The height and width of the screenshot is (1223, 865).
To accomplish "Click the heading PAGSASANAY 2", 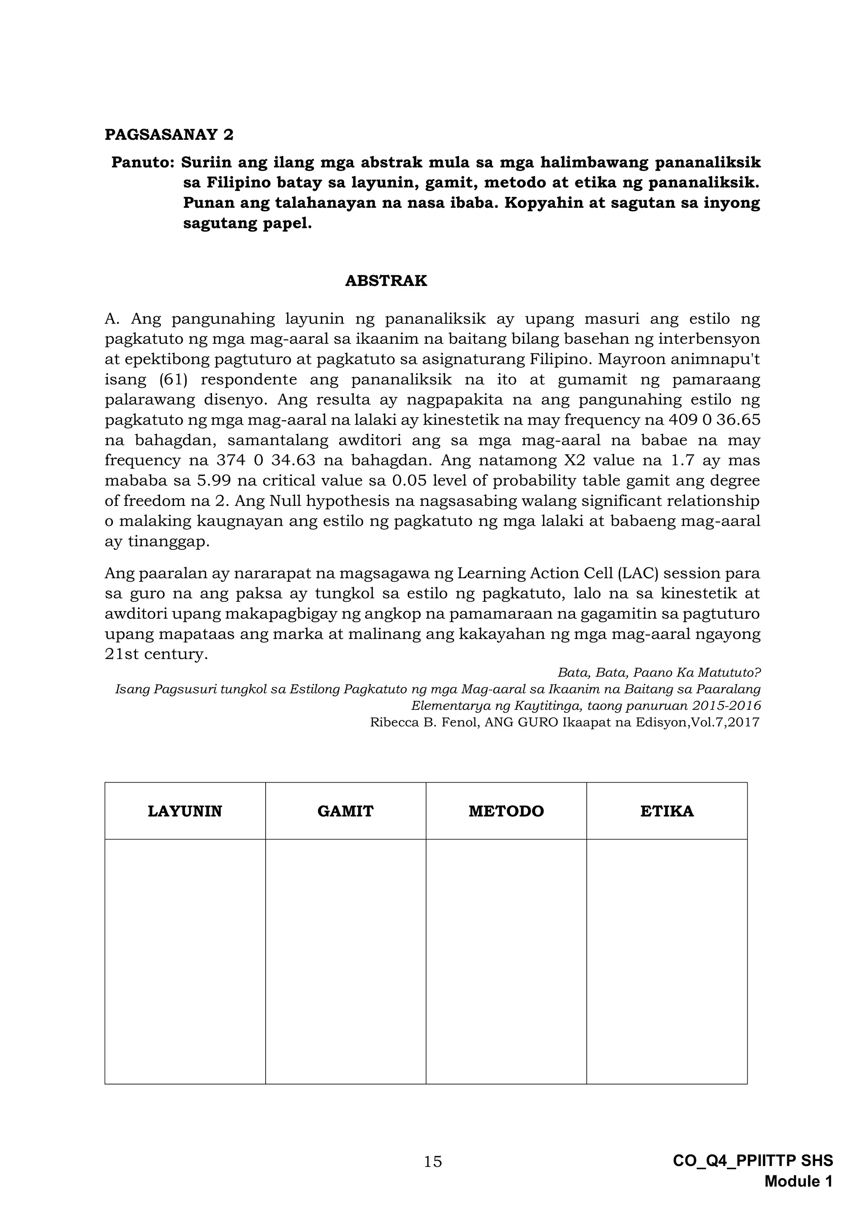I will point(169,134).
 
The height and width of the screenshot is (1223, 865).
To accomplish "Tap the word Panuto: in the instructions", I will point(142,162).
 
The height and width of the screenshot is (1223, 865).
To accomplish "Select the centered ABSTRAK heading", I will point(386,281).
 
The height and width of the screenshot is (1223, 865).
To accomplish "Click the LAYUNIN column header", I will point(185,811).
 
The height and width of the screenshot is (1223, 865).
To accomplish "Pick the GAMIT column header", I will point(345,811).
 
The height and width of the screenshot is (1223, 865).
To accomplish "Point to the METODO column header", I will point(506,811).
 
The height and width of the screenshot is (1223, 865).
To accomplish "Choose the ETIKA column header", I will point(667,811).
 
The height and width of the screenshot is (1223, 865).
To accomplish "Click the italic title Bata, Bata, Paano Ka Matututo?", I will point(659,673).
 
